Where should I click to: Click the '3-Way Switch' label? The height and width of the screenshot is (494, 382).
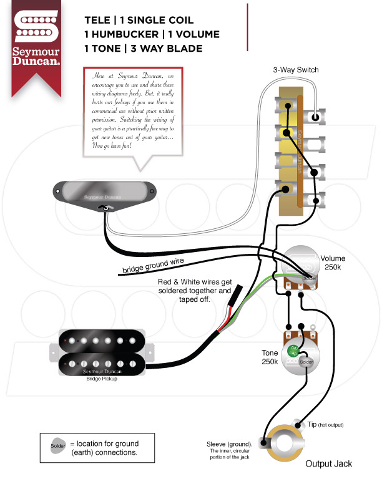tap(295, 70)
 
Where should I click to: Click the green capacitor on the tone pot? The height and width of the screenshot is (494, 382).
tap(292, 352)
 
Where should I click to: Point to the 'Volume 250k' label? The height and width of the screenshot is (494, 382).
tap(333, 263)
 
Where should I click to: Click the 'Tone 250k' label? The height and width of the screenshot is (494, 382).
tap(270, 357)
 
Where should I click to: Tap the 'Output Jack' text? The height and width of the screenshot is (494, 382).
tap(328, 463)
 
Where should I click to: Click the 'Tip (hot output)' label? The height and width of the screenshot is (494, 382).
tap(325, 425)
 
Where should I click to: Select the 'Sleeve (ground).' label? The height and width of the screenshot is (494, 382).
tap(228, 444)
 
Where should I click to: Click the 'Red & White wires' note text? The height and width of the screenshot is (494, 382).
tap(194, 291)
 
